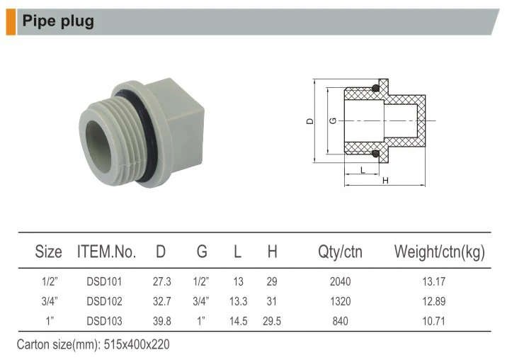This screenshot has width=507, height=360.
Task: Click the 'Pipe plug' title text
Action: click(58, 21)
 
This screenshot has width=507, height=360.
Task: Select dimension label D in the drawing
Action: click(309, 121)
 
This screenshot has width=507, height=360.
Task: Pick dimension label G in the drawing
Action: click(333, 121)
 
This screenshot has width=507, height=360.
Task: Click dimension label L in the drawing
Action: click(363, 170)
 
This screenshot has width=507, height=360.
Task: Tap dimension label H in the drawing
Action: click(385, 181)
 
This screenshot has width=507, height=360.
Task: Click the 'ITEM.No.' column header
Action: click(106, 252)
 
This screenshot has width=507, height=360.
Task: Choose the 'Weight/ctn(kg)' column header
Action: click(439, 252)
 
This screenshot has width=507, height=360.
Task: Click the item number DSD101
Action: click(105, 282)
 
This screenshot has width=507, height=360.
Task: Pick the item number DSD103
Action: click(105, 321)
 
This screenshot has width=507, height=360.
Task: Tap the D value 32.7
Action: click(162, 301)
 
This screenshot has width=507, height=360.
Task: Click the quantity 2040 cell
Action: click(340, 282)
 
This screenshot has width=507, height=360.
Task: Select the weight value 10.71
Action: click(434, 321)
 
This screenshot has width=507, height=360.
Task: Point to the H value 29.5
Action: click(272, 321)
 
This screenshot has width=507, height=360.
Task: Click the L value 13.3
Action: click(237, 301)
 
